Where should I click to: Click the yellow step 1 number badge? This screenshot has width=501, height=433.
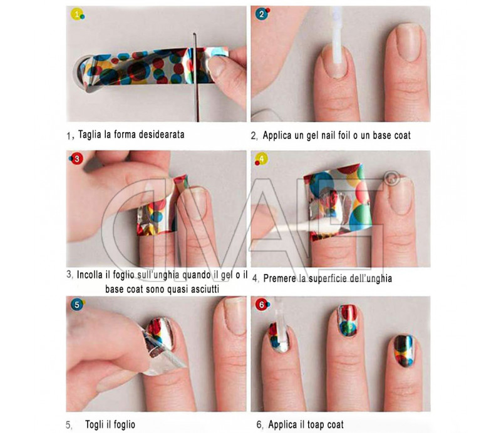coord(76,14)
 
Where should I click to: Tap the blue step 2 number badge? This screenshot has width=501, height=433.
coord(262,14)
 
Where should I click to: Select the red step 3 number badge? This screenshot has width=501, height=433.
coord(76,159)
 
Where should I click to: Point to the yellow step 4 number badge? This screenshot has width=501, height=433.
coord(262,159)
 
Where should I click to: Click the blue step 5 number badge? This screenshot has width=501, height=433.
coord(76,305)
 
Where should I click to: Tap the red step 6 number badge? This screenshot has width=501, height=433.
coord(262,305)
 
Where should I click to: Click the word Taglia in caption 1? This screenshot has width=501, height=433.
coord(90,135)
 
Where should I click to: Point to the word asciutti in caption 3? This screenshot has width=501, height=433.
coord(205,289)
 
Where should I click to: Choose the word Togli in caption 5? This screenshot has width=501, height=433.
coord(95,425)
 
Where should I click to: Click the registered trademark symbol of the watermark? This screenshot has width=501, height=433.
coord(392,178)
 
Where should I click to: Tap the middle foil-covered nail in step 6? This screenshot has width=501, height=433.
coord(348,321)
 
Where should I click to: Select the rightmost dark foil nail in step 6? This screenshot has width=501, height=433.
coord(404,351)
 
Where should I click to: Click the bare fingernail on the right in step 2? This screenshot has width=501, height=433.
coord(408,43)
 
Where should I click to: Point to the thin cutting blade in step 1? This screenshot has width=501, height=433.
coord(196,77)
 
